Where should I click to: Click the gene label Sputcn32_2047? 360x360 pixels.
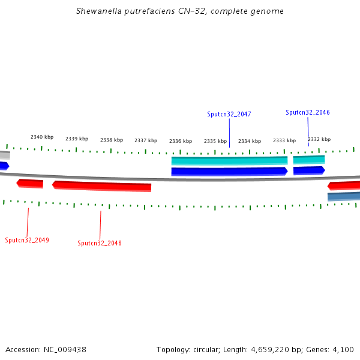click(x=229, y=114)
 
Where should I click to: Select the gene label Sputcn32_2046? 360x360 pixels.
click(x=308, y=112)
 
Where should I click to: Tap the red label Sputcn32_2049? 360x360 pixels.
click(x=27, y=240)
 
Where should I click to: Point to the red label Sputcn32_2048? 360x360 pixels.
click(x=100, y=243)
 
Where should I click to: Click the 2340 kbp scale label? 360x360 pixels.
click(x=42, y=137)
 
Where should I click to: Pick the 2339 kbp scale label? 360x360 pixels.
click(x=77, y=139)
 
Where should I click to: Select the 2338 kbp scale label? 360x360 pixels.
click(x=112, y=140)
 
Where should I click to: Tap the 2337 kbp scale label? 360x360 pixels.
click(x=146, y=141)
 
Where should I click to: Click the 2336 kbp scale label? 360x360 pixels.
click(x=181, y=141)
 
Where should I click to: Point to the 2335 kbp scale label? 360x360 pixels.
click(x=215, y=141)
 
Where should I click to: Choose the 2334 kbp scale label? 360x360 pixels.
click(x=250, y=141)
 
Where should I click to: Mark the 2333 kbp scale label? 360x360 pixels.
click(x=284, y=140)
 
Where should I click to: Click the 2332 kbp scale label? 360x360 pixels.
click(x=319, y=139)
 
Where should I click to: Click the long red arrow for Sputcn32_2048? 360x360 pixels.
click(x=102, y=185)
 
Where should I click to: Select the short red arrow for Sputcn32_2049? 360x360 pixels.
click(x=30, y=183)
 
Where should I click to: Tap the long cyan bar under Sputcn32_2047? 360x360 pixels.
click(x=229, y=160)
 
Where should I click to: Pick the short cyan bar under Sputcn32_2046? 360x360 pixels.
click(x=309, y=160)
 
